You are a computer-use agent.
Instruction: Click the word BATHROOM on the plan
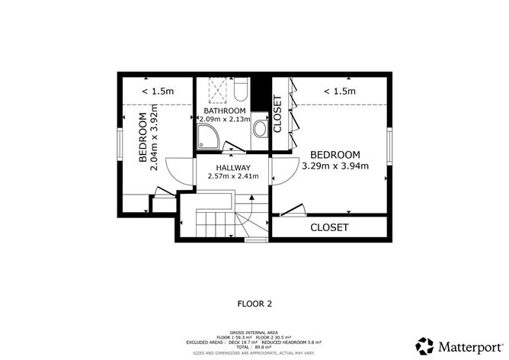(224, 111)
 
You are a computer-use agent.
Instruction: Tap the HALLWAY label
(233, 167)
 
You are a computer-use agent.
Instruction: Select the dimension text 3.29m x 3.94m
(335, 166)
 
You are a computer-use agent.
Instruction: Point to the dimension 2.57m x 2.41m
(233, 177)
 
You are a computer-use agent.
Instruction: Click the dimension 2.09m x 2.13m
(224, 120)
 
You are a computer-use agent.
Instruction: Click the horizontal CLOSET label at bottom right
(328, 227)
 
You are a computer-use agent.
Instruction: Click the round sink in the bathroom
(259, 129)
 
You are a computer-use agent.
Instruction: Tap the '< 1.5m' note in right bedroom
(340, 92)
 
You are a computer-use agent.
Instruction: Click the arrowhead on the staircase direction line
(251, 198)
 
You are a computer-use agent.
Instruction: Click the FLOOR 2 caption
(254, 304)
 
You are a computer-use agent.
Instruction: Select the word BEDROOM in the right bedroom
(335, 153)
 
